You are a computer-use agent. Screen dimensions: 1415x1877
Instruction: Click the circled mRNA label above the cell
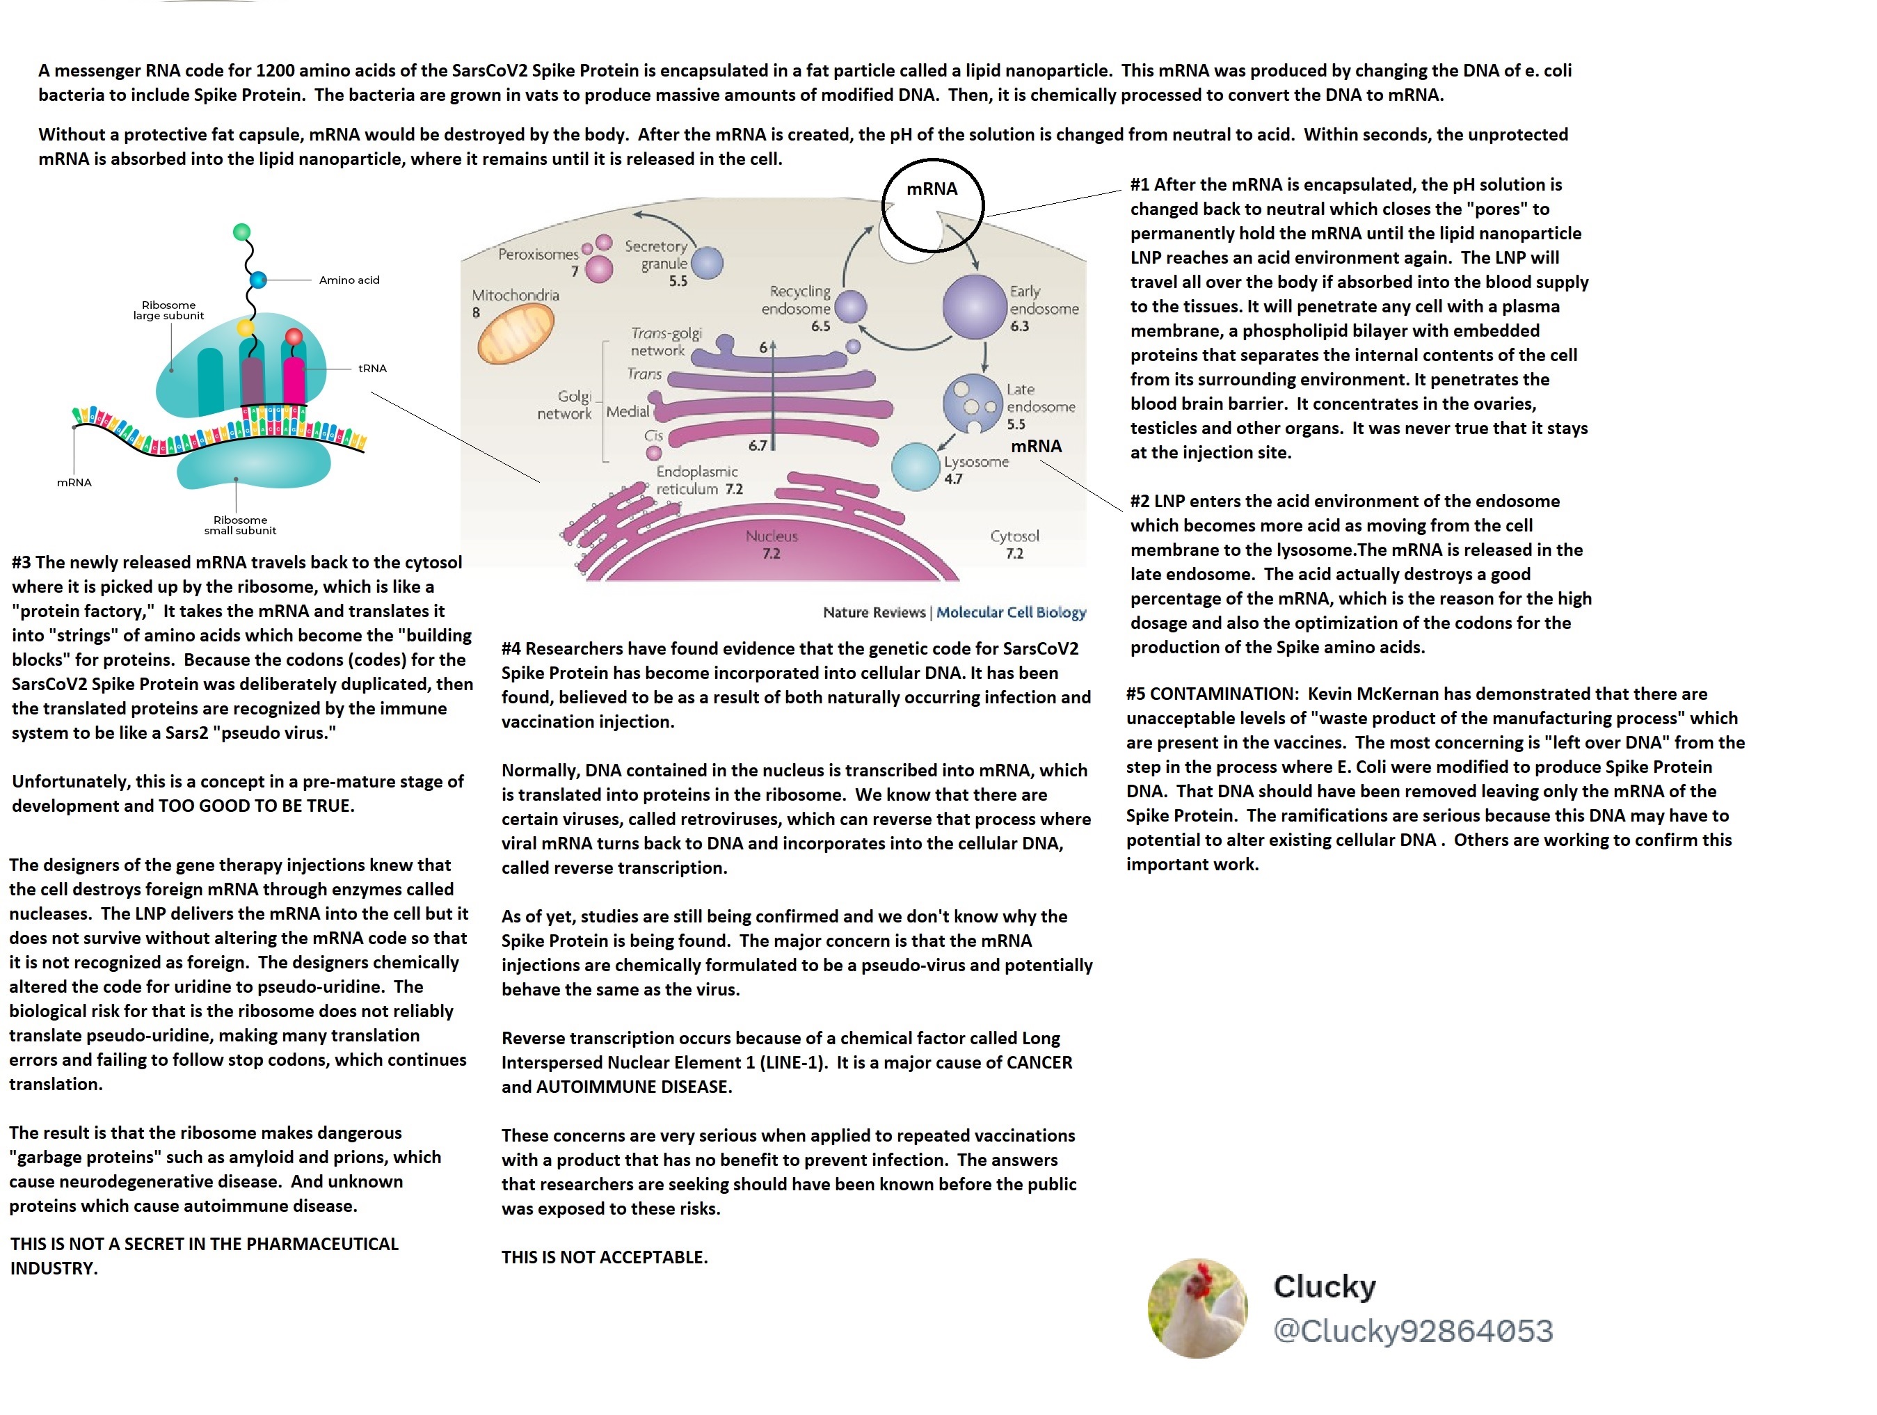coord(932,189)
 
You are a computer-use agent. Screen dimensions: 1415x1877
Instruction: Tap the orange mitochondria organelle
coord(516,333)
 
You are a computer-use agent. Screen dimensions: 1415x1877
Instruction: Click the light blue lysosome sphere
coord(916,467)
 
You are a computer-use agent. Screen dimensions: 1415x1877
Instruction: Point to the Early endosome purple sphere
coord(974,307)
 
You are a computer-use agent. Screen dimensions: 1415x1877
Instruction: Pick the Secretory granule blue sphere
coord(707,263)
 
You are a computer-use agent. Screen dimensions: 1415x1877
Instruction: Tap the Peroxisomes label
coord(538,255)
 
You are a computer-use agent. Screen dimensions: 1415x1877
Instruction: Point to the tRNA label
coord(372,368)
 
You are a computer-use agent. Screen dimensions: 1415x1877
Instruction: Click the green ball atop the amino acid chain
coord(242,232)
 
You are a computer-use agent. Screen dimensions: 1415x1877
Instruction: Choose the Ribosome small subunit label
coord(240,525)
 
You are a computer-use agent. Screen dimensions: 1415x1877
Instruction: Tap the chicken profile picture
coord(1197,1307)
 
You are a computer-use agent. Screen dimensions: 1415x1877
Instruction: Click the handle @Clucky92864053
coord(1413,1330)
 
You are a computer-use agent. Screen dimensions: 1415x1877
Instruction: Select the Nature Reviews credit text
coord(874,612)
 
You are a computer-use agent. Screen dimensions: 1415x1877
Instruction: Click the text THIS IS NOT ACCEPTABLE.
coord(604,1257)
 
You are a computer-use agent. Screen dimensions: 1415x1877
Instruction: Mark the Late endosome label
coord(1040,398)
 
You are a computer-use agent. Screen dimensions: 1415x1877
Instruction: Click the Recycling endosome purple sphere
coord(850,307)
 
